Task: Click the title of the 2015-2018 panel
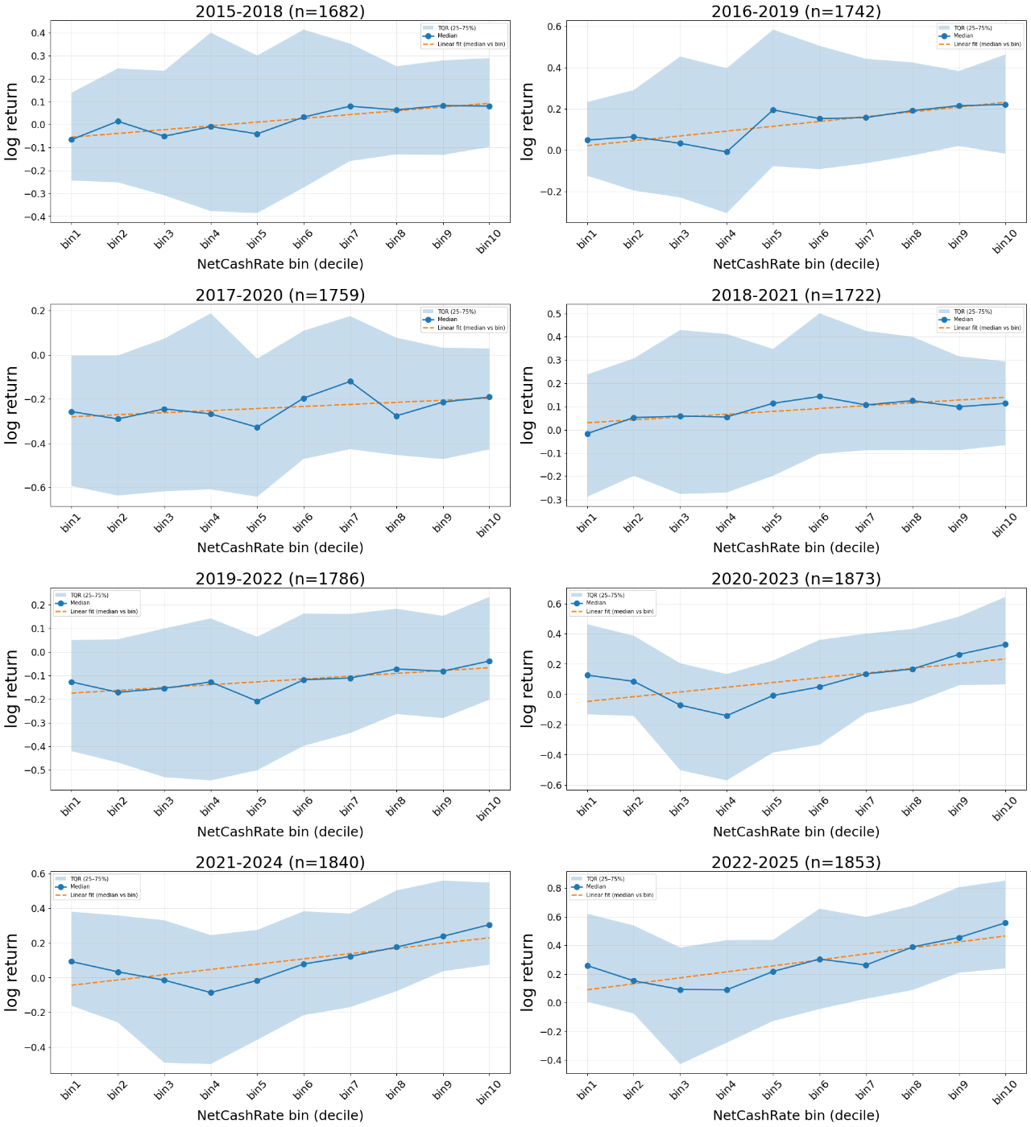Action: [279, 11]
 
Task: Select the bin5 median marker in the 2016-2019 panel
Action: [772, 110]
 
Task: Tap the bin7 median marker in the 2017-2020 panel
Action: [350, 382]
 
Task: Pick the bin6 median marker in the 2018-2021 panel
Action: [819, 397]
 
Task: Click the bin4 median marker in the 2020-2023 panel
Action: [727, 716]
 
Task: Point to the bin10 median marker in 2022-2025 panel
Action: [1005, 923]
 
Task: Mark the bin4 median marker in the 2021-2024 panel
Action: [211, 993]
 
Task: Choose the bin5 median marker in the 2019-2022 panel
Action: [257, 701]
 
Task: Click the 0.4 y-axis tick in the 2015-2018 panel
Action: [36, 33]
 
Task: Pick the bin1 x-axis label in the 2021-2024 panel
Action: [71, 1090]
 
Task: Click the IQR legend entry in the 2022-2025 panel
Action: [605, 879]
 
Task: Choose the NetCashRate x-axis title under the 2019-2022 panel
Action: [279, 832]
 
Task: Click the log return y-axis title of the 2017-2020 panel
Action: [12, 405]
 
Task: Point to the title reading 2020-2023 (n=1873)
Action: [796, 579]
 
